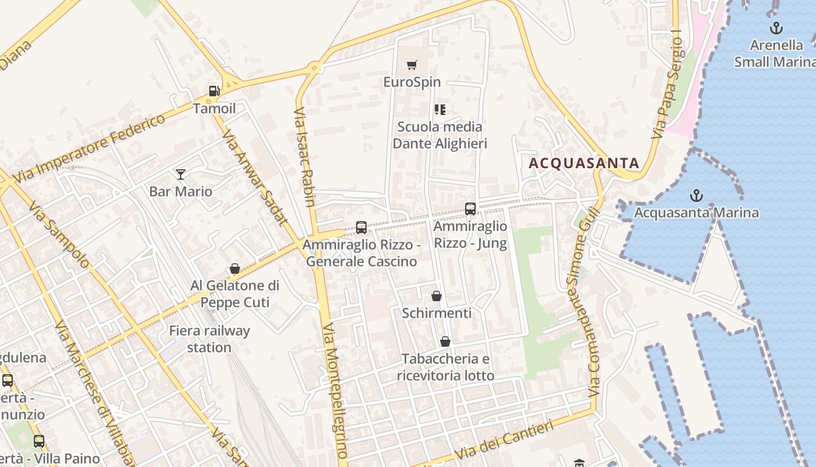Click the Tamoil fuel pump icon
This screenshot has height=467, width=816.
click(214, 91)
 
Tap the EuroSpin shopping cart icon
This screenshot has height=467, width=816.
click(412, 65)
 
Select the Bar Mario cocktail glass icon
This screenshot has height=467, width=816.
click(181, 174)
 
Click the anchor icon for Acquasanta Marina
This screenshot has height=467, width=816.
click(696, 196)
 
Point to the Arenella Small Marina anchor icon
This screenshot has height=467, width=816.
click(776, 28)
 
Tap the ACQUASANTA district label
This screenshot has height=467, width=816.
click(584, 163)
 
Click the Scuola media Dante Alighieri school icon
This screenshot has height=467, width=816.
click(440, 110)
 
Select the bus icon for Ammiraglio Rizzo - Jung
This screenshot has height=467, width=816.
click(470, 208)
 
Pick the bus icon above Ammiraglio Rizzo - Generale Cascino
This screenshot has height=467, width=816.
click(361, 227)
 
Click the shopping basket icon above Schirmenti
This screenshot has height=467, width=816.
click(437, 296)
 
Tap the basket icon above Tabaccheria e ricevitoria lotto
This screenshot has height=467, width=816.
click(445, 341)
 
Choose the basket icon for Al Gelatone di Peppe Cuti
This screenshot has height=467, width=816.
click(235, 269)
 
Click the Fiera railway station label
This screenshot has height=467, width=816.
click(209, 339)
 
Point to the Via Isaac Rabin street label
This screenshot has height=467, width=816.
click(305, 156)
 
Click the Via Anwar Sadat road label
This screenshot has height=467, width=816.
click(255, 176)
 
